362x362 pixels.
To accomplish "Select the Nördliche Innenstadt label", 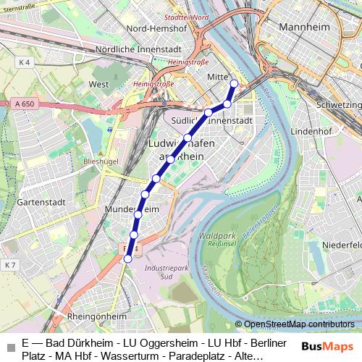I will (x=137, y=49).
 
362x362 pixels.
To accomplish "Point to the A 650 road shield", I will (x=24, y=104).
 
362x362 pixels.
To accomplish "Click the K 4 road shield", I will (x=25, y=63).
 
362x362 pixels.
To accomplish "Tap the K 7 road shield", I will (x=9, y=266).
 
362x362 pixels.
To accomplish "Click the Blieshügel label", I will (x=100, y=161).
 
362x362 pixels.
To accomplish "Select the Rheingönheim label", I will (x=96, y=316).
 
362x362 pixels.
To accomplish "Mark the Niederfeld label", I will (x=342, y=245).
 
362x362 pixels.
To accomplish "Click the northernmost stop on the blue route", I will (x=234, y=83).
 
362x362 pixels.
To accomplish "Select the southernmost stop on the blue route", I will (x=128, y=258).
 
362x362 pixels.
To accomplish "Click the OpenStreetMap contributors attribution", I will (x=298, y=324).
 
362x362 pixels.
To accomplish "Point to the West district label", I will (x=98, y=84).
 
